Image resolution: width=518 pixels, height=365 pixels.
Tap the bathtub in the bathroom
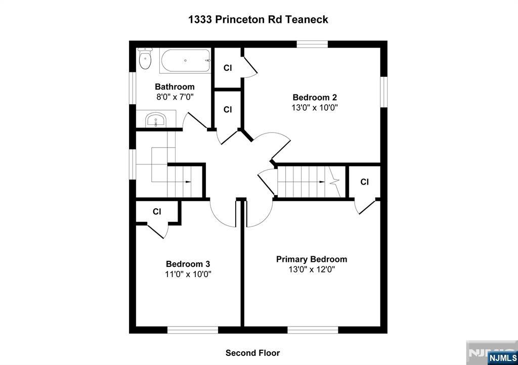point(185,61)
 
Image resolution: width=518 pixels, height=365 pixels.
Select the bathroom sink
point(156,119)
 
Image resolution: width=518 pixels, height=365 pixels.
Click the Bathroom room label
point(175,87)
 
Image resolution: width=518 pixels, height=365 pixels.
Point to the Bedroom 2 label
point(315,98)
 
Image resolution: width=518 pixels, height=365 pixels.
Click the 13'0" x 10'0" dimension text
point(315,108)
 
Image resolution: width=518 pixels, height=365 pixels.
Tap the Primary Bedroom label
point(312,259)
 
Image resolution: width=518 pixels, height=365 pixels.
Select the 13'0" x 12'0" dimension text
point(312,269)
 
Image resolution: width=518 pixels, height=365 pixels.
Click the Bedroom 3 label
point(188,264)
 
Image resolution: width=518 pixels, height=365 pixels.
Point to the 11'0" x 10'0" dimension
point(188,274)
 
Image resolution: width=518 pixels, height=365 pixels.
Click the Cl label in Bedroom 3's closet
point(157,211)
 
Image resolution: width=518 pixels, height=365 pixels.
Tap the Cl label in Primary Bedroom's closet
point(364,182)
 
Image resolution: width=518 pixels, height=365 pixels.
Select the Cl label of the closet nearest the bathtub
point(228,68)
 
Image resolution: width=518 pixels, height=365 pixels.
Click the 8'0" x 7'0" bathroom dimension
point(175,97)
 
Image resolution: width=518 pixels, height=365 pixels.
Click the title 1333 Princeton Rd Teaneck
point(258,20)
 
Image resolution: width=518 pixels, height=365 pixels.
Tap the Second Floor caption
point(253,353)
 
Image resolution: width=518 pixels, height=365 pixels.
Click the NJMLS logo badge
point(502,358)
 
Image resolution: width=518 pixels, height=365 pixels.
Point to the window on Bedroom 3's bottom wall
point(193,330)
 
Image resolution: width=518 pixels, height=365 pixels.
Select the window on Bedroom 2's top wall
point(312,44)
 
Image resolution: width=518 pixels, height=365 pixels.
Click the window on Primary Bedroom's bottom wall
point(313,330)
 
